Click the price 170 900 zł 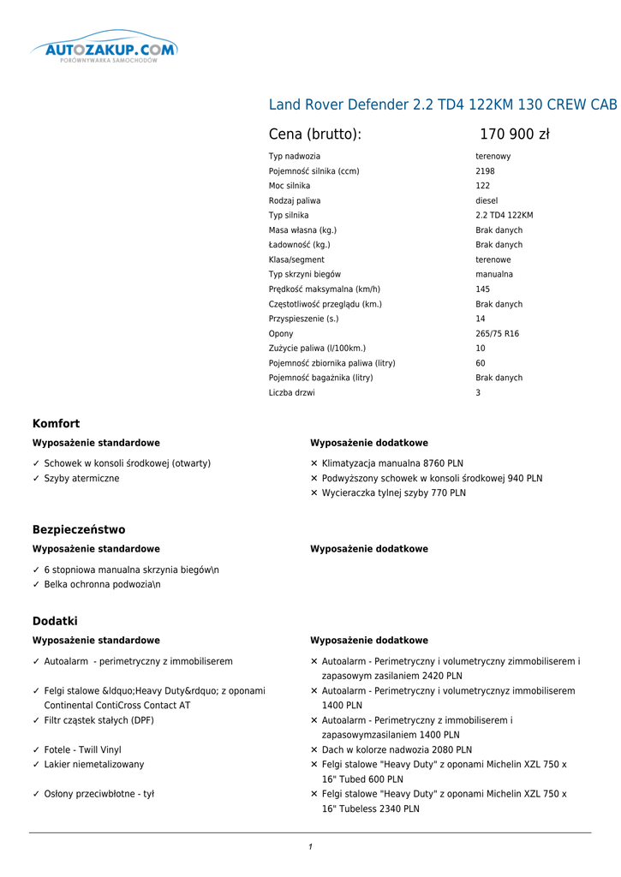point(514,134)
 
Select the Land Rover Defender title point(443,105)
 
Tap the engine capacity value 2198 point(485,171)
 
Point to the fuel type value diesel point(487,200)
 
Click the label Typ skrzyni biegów point(305,274)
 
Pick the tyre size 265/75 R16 point(497,334)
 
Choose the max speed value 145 point(483,289)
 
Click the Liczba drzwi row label point(291,393)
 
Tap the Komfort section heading point(56,424)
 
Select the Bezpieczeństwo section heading point(79,530)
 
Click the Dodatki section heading point(55,621)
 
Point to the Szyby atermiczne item point(81,479)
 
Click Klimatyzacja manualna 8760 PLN point(392,463)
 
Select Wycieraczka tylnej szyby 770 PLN point(393,493)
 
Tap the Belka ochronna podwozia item point(102,585)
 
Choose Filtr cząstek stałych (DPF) point(99,720)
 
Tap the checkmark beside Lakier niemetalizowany point(36,765)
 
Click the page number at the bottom point(310,847)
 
